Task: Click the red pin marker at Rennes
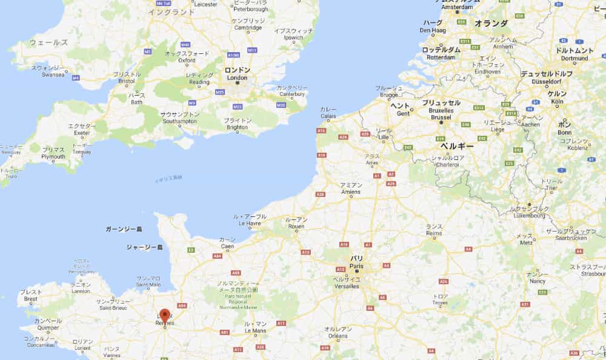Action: click(x=164, y=315)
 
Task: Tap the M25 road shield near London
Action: click(x=220, y=92)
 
